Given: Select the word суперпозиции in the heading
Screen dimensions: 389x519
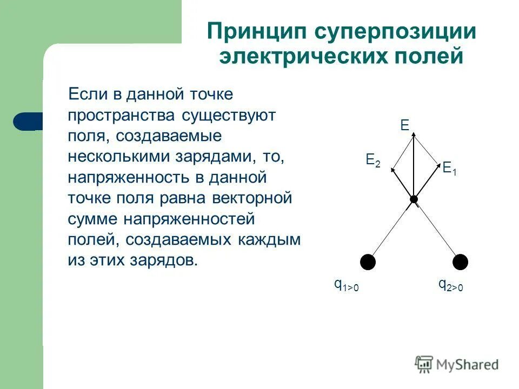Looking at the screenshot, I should tap(396, 31).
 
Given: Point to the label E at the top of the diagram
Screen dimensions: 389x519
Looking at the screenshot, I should tap(404, 126).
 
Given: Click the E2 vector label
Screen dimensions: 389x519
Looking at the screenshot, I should tap(373, 160).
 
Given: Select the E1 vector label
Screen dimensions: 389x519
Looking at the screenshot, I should tap(450, 169).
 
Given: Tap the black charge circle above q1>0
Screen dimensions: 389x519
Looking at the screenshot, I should tap(368, 261).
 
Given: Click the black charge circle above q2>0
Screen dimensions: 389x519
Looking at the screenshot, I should tap(460, 261).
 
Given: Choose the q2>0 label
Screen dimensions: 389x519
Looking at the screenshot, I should tap(450, 285).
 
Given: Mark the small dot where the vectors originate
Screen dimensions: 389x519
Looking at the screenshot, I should tap(414, 200).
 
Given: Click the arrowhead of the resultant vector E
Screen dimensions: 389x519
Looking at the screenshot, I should tap(413, 138).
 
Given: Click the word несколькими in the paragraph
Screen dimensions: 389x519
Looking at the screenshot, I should tap(118, 157).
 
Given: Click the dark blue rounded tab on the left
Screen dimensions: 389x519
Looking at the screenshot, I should tap(27, 121).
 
